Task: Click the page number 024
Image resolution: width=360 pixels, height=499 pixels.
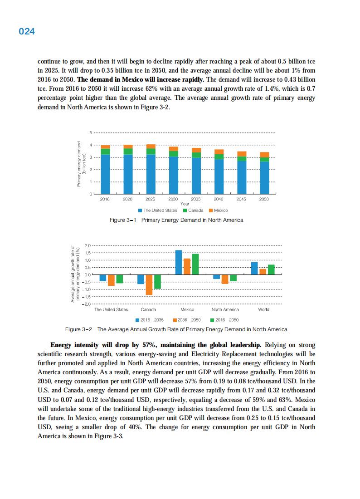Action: tap(27, 32)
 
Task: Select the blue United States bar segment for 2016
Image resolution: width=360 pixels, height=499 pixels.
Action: tap(105, 174)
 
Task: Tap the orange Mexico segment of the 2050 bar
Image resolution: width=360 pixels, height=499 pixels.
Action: tap(264, 155)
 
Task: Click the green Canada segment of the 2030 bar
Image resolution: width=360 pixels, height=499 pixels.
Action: tap(174, 154)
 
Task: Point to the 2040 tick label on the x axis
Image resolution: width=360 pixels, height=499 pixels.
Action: tap(219, 199)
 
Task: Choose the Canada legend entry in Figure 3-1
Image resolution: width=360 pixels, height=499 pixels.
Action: tap(193, 210)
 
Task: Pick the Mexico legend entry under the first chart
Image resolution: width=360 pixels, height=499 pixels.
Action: tap(218, 210)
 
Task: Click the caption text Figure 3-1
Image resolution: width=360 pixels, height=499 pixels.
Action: tap(123, 220)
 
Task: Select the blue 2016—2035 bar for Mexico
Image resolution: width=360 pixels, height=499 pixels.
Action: tap(179, 262)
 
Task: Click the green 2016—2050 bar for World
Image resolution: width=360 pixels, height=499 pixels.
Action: tap(271, 269)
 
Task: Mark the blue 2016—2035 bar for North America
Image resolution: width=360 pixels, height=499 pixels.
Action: tap(217, 277)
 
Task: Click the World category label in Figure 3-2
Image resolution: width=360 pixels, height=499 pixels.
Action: tap(263, 309)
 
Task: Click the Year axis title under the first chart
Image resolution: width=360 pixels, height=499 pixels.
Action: tap(185, 204)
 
